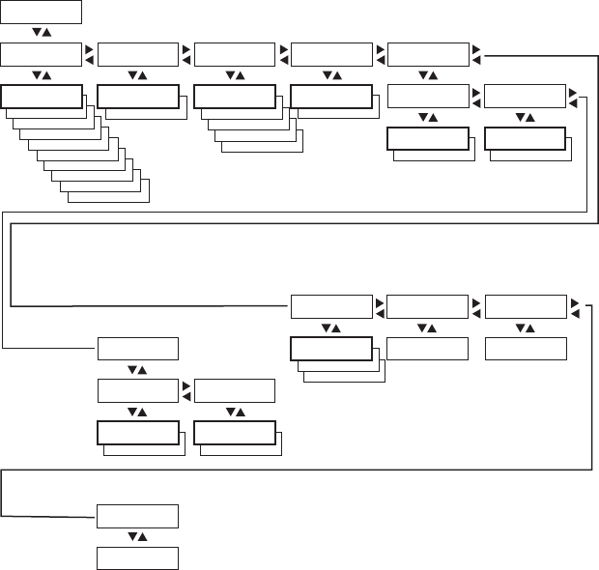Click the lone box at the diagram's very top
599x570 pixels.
click(x=42, y=12)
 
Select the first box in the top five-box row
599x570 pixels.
click(x=42, y=54)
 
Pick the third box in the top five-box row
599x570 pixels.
click(x=235, y=54)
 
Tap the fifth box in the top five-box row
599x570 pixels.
click(x=428, y=54)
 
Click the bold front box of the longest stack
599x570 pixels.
click(x=42, y=96)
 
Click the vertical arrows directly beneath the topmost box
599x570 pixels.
click(x=42, y=33)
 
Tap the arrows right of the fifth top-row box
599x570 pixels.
click(x=476, y=54)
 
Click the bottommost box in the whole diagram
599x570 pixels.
click(x=138, y=558)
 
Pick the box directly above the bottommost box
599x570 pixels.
click(x=138, y=516)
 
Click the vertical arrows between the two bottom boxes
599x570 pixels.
click(x=138, y=537)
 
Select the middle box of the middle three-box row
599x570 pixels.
click(x=428, y=307)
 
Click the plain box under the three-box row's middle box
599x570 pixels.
click(x=428, y=349)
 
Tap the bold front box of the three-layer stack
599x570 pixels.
click(x=331, y=349)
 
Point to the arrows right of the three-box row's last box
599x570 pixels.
click(x=574, y=307)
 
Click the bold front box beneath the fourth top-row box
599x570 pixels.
click(x=331, y=96)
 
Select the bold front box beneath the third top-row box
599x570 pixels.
click(x=235, y=96)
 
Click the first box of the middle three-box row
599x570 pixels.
click(x=331, y=307)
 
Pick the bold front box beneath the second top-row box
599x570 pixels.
click(x=138, y=96)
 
